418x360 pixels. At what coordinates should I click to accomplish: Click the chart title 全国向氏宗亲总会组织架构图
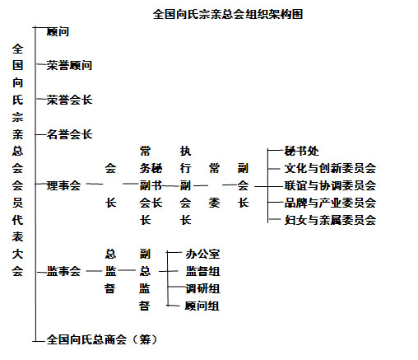pos(228,14)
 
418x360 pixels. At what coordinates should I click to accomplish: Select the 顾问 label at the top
pos(58,31)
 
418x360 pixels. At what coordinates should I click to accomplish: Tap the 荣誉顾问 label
pos(69,66)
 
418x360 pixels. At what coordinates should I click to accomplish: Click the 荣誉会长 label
pos(69,100)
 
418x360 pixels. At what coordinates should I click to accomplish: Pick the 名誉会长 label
pos(69,134)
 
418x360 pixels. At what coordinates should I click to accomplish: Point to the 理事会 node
pos(63,185)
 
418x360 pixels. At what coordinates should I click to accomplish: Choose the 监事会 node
pos(63,271)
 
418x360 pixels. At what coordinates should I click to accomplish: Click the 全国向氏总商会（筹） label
pos(101,339)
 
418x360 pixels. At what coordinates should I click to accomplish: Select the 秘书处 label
pos(301,151)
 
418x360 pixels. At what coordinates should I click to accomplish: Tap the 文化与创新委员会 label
pos(330,168)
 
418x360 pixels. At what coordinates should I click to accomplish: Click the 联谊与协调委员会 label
pos(330,185)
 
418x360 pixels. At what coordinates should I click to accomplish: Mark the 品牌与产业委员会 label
pos(330,203)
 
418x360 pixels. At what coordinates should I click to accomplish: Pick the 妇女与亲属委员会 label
pos(330,220)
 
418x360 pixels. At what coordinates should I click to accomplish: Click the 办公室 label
pos(202,254)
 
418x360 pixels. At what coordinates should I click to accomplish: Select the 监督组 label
pos(202,271)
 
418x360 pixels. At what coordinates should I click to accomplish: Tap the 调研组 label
pos(202,288)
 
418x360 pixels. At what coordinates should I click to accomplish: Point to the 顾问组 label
pos(202,306)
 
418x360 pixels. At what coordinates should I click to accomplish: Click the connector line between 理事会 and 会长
pos(95,184)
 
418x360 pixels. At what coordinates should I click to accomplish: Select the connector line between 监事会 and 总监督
pos(94,271)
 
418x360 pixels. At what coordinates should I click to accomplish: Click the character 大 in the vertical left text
pos(17,254)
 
